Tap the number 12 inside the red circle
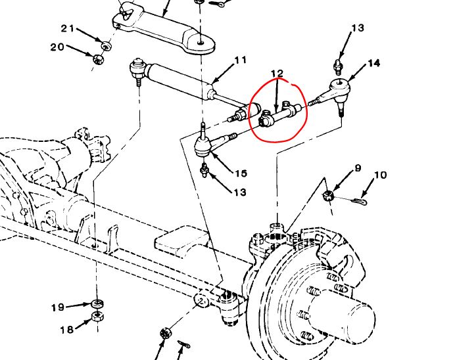click(276, 74)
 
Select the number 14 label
click(373, 63)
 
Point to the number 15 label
click(241, 173)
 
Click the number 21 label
click(68, 28)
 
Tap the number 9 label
click(358, 168)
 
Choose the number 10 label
click(381, 175)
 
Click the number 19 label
click(59, 307)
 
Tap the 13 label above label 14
click(357, 28)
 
